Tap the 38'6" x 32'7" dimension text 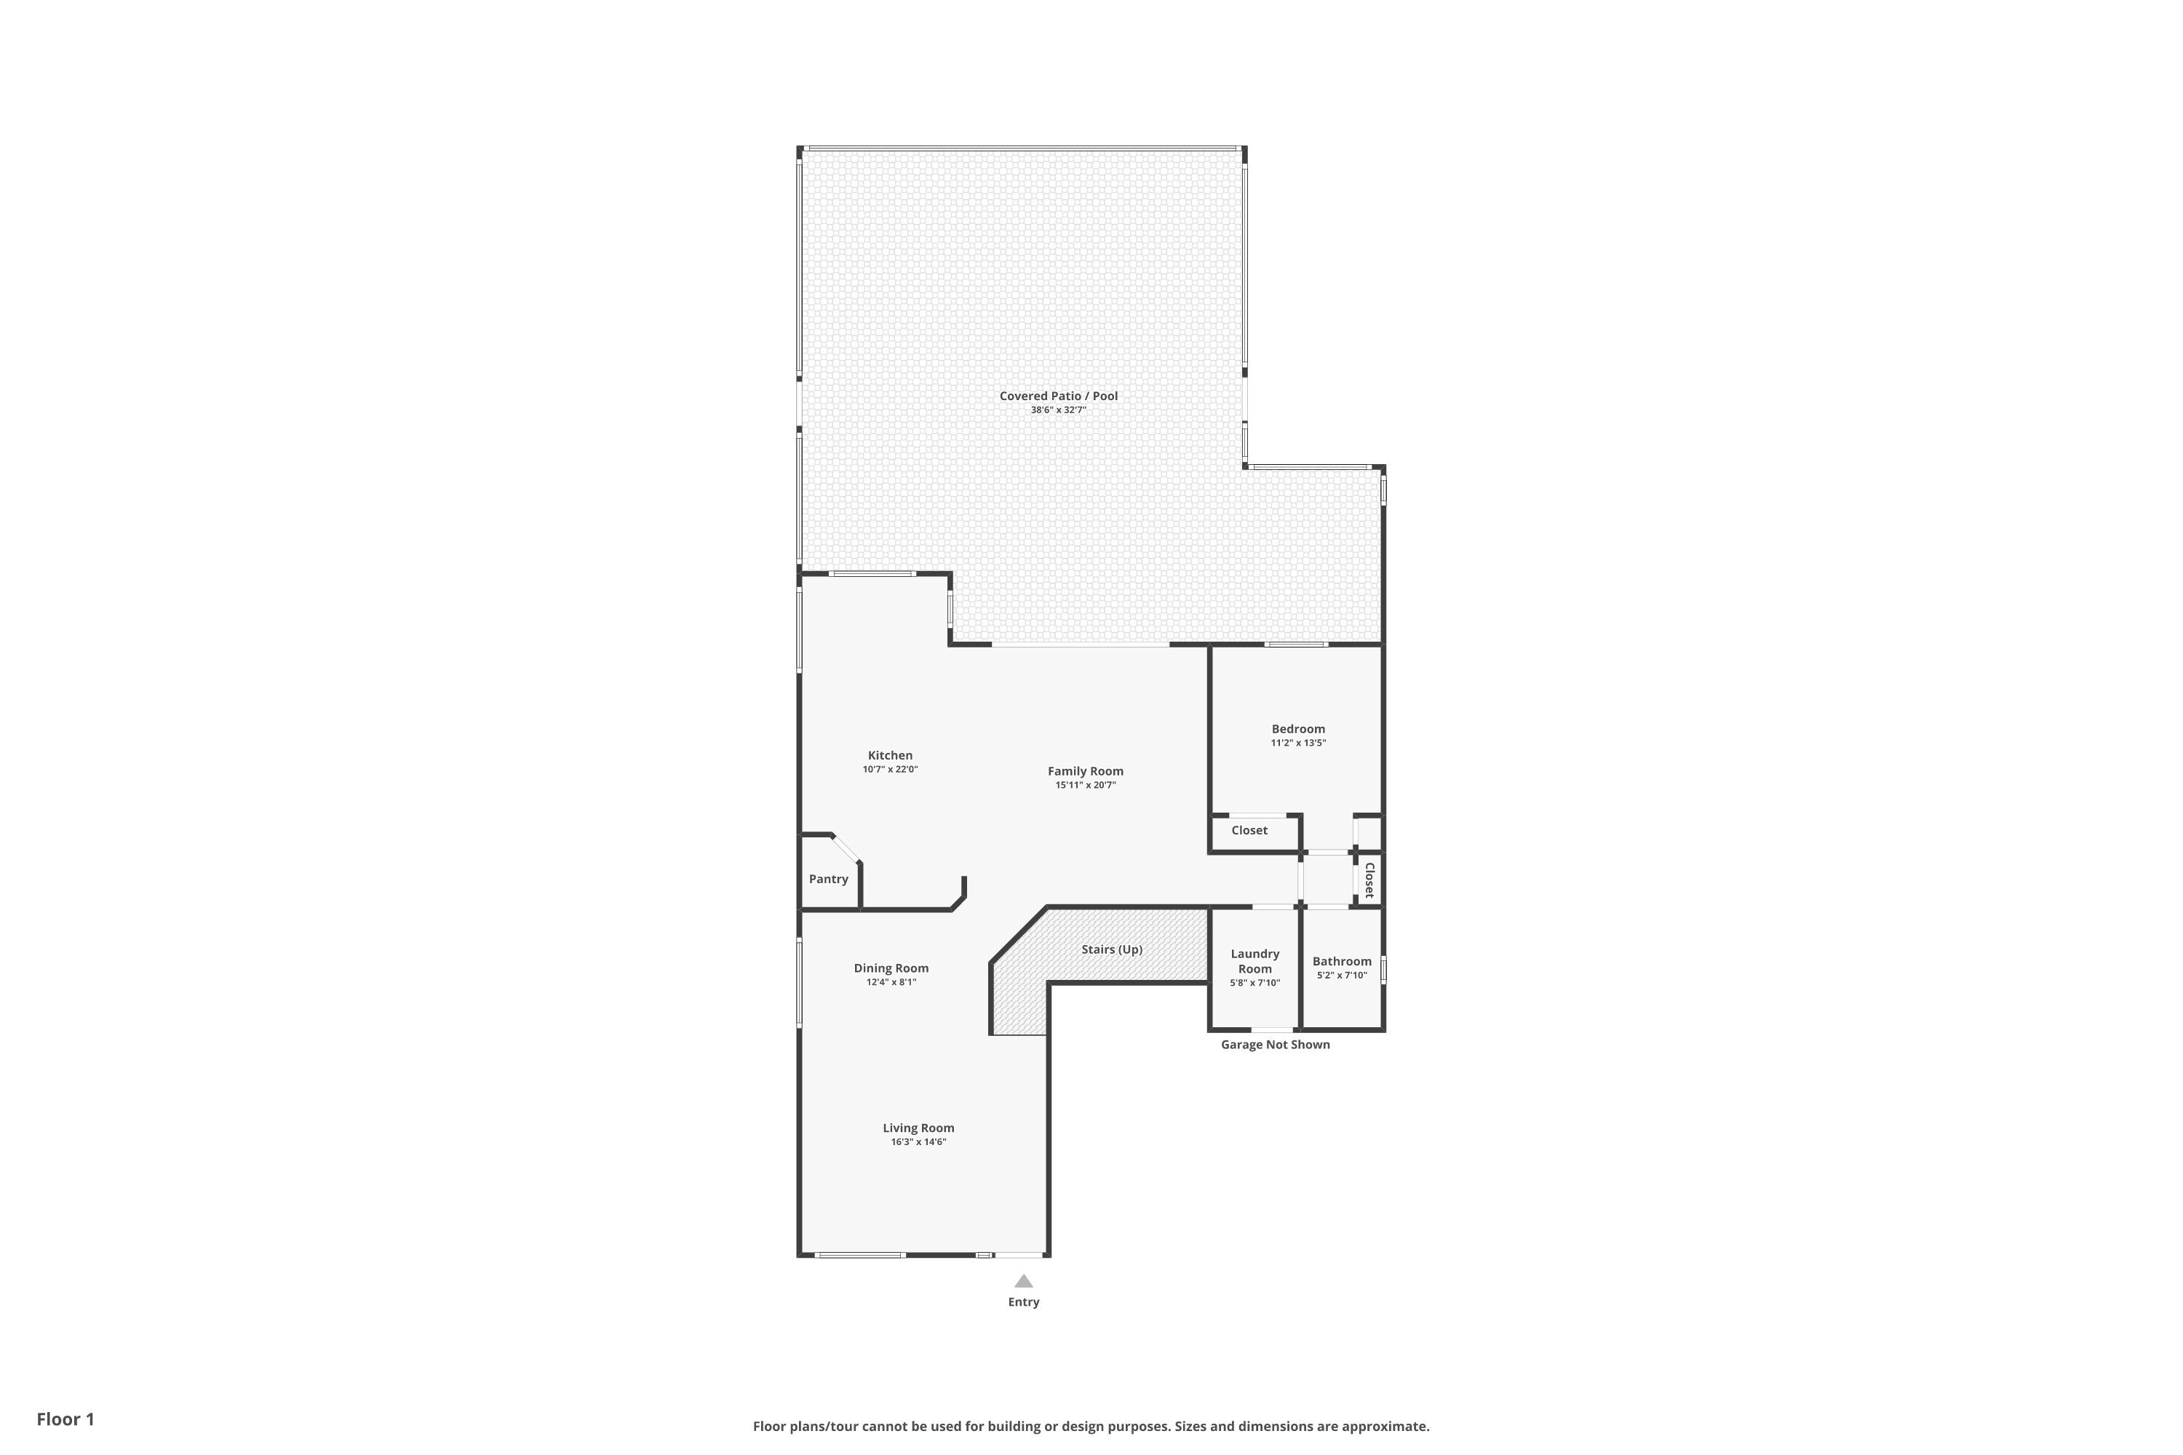(1058, 410)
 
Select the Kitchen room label (890, 755)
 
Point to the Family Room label (1085, 771)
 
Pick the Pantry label (828, 879)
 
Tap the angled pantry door (846, 848)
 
